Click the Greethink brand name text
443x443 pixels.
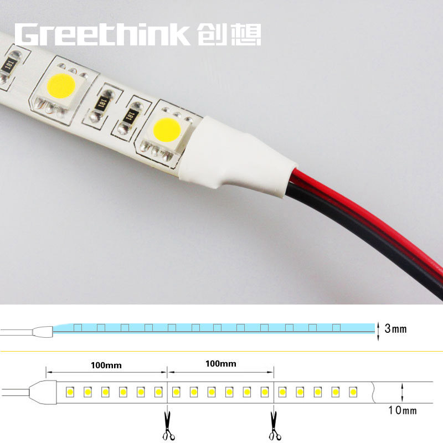[102, 34]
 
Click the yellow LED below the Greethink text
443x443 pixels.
[61, 86]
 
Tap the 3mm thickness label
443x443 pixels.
[395, 328]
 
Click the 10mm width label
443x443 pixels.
[403, 410]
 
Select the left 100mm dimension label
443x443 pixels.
[106, 365]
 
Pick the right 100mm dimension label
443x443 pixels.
[220, 364]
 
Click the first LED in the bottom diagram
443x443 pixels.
[70, 392]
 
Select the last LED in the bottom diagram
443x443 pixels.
[353, 392]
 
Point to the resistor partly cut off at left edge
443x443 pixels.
[8, 67]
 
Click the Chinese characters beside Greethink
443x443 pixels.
[229, 34]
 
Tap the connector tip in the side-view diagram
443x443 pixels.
[43, 332]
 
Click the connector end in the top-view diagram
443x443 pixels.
[43, 393]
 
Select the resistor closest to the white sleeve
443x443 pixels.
[130, 117]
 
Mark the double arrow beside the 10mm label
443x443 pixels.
[402, 393]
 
